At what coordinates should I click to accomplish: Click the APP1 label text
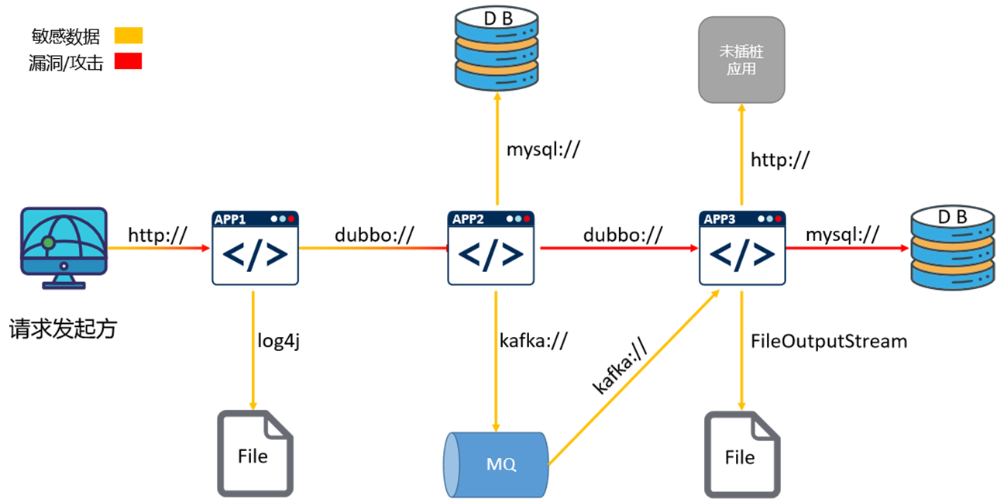click(230, 219)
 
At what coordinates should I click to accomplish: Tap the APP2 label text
click(468, 219)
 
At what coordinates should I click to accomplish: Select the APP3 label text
click(720, 219)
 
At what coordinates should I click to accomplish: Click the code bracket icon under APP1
click(256, 255)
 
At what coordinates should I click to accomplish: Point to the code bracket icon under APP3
click(743, 255)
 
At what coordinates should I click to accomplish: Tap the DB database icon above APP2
click(497, 48)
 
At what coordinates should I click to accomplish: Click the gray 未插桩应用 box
click(741, 60)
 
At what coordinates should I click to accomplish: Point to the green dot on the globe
click(49, 243)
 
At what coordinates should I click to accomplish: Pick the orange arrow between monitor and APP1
click(159, 250)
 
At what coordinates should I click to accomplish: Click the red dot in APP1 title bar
click(291, 219)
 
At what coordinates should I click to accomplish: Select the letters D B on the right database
click(952, 218)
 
